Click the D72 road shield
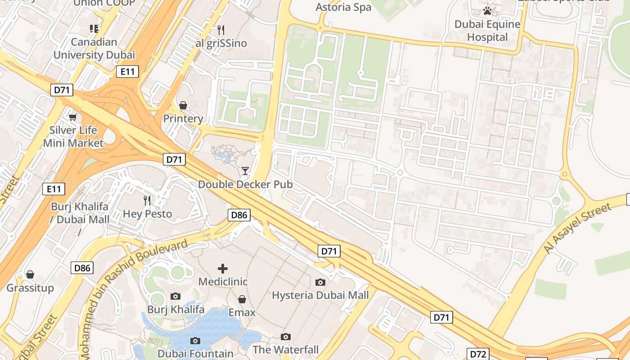(477, 354)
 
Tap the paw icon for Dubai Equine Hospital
(487, 10)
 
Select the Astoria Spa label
(343, 7)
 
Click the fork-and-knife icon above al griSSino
(220, 30)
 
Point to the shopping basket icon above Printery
(183, 106)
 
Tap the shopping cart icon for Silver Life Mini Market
(72, 117)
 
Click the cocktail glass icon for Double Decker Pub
(245, 171)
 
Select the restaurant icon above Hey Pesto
(147, 200)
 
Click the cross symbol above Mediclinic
(223, 269)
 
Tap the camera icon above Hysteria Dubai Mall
(320, 282)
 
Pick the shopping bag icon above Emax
(242, 299)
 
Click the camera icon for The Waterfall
(286, 337)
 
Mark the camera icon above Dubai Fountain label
(195, 341)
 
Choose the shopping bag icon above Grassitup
(30, 274)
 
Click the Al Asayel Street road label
(577, 228)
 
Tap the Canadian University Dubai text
(94, 49)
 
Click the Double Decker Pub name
(245, 184)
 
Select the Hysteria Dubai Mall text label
(320, 295)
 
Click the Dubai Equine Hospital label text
(487, 31)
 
